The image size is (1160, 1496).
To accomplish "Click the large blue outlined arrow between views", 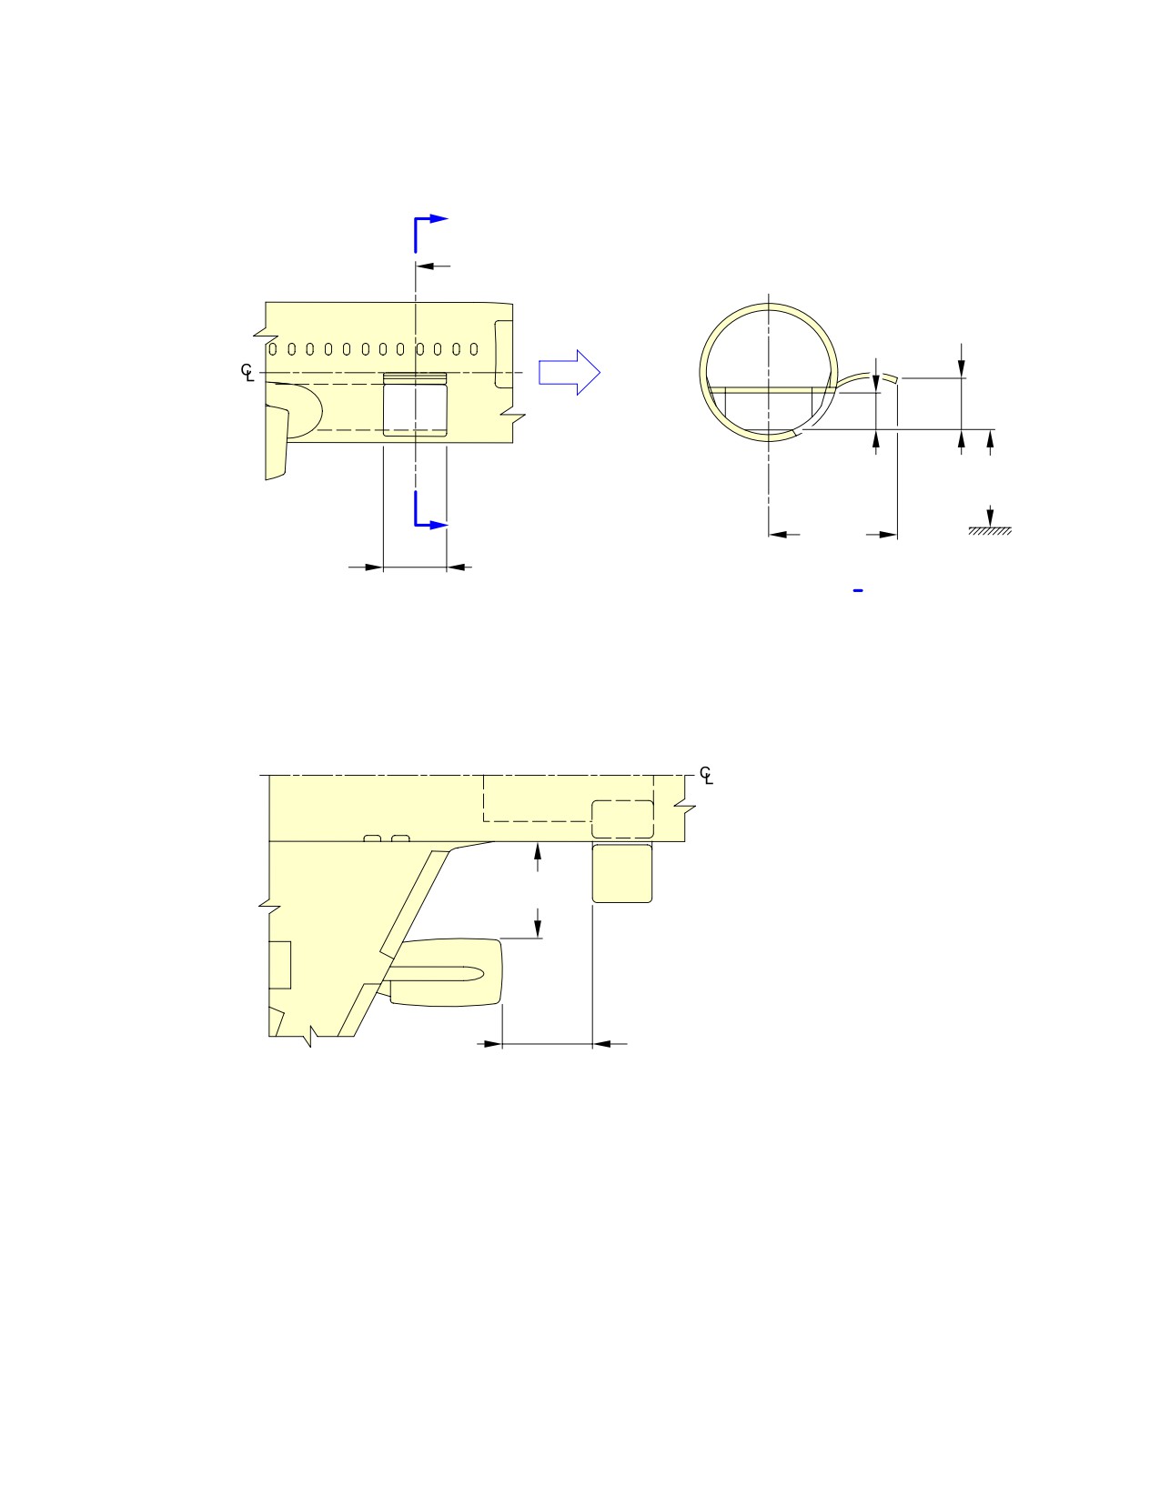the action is [570, 373].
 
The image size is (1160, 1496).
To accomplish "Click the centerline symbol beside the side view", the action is [247, 373].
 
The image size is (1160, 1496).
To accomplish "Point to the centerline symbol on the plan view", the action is [706, 775].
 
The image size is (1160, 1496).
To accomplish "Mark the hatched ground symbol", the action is [989, 531].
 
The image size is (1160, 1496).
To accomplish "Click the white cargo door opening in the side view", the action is [415, 410].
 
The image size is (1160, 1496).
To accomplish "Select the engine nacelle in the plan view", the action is [446, 972].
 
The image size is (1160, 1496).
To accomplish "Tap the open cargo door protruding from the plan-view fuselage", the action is [621, 873].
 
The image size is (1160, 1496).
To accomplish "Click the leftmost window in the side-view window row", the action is [273, 349].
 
